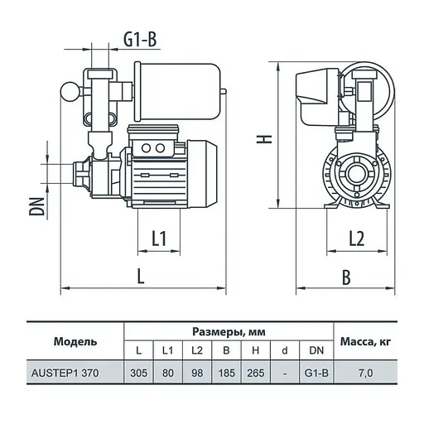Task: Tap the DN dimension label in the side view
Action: (36, 200)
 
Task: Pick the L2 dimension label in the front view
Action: (357, 238)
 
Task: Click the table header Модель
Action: (75, 341)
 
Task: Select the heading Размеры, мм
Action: (228, 331)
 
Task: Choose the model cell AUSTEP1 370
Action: (75, 373)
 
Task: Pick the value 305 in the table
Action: (138, 373)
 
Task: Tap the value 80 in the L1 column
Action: (168, 373)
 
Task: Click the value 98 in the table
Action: (197, 373)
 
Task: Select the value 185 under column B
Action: (226, 373)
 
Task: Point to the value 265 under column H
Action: (256, 373)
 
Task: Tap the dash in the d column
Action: (286, 373)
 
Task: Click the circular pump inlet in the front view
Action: (358, 173)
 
